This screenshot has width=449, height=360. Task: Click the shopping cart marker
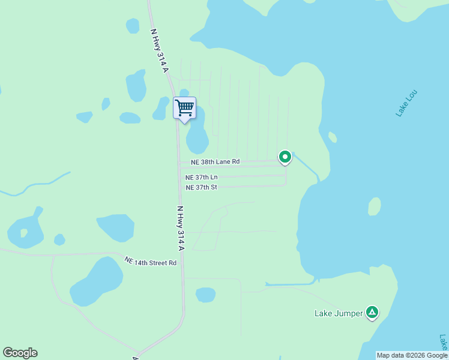[x=185, y=109]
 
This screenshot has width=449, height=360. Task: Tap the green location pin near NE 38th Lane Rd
[x=285, y=157]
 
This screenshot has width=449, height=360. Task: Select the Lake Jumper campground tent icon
[x=373, y=312]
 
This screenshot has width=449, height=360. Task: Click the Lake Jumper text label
[x=339, y=313]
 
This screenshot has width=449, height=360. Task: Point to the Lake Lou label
[x=406, y=103]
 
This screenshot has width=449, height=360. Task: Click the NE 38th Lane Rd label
[x=215, y=162]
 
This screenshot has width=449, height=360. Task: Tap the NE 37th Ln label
[x=202, y=178]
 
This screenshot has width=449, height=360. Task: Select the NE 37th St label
[x=201, y=187]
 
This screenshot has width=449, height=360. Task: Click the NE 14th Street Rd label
[x=151, y=262]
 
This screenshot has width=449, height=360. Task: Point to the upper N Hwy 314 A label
[x=159, y=50]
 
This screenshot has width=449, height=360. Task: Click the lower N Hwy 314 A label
[x=180, y=228]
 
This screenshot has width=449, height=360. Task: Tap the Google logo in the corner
[x=20, y=353]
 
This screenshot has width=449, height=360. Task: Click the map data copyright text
[x=412, y=355]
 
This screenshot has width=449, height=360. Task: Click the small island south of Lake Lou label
[x=374, y=206]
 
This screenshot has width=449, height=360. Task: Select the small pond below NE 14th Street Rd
[x=205, y=295]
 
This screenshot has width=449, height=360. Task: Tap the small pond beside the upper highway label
[x=133, y=26]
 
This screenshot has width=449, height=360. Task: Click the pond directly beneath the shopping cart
[x=197, y=135]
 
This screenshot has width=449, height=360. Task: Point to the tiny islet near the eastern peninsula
[x=332, y=137]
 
